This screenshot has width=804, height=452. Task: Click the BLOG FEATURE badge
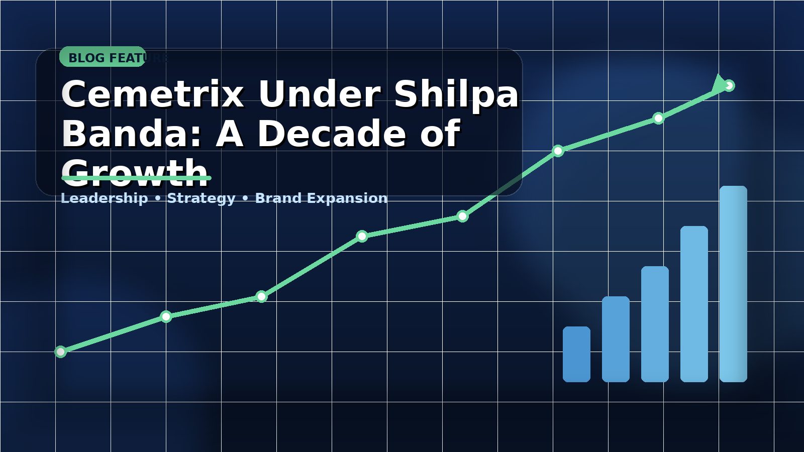[103, 57]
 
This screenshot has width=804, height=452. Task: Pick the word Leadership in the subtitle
[105, 198]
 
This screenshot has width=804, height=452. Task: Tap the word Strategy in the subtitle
[201, 198]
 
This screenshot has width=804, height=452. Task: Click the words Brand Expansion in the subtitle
[321, 198]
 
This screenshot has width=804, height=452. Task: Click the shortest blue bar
[576, 354]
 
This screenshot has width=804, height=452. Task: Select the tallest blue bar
[733, 284]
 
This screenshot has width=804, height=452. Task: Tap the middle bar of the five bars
[655, 324]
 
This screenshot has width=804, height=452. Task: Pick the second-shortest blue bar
[616, 339]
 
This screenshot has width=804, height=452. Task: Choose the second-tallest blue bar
[694, 304]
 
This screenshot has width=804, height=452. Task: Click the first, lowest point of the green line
[61, 352]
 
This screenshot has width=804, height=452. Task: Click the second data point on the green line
[166, 316]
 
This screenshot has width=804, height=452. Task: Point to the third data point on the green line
[261, 296]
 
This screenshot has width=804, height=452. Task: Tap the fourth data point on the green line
[362, 236]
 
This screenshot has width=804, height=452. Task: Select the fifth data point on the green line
[463, 216]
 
